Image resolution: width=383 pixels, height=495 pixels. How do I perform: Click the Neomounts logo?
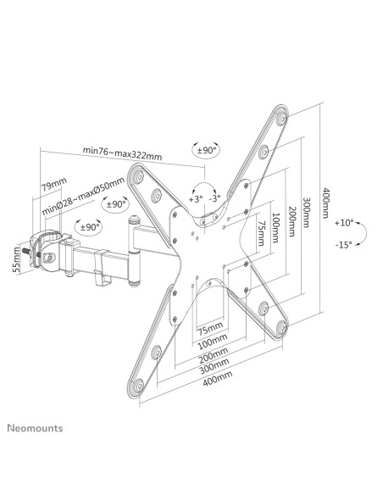(35, 428)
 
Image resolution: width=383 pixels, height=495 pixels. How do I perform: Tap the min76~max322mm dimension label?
(122, 153)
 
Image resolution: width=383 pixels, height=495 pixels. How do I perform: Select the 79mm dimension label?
(54, 185)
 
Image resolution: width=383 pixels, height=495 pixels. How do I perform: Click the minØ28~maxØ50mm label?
(83, 197)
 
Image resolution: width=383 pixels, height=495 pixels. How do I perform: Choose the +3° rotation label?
(195, 199)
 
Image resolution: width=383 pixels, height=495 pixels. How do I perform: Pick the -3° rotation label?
(214, 198)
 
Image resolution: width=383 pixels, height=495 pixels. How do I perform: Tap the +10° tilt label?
(344, 223)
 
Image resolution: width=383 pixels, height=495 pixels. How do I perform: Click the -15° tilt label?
(343, 245)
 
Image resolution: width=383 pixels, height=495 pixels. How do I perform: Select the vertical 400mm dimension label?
(326, 203)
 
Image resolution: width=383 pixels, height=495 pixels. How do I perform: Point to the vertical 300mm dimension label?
(307, 212)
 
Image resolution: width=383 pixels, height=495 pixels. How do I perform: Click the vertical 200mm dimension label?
(292, 221)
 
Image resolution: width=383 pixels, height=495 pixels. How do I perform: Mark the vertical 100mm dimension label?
(275, 228)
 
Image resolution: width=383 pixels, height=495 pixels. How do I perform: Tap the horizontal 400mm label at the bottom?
(218, 378)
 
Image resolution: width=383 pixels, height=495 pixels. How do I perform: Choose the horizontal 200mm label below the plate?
(214, 355)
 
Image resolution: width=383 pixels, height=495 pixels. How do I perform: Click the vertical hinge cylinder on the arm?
(135, 250)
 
